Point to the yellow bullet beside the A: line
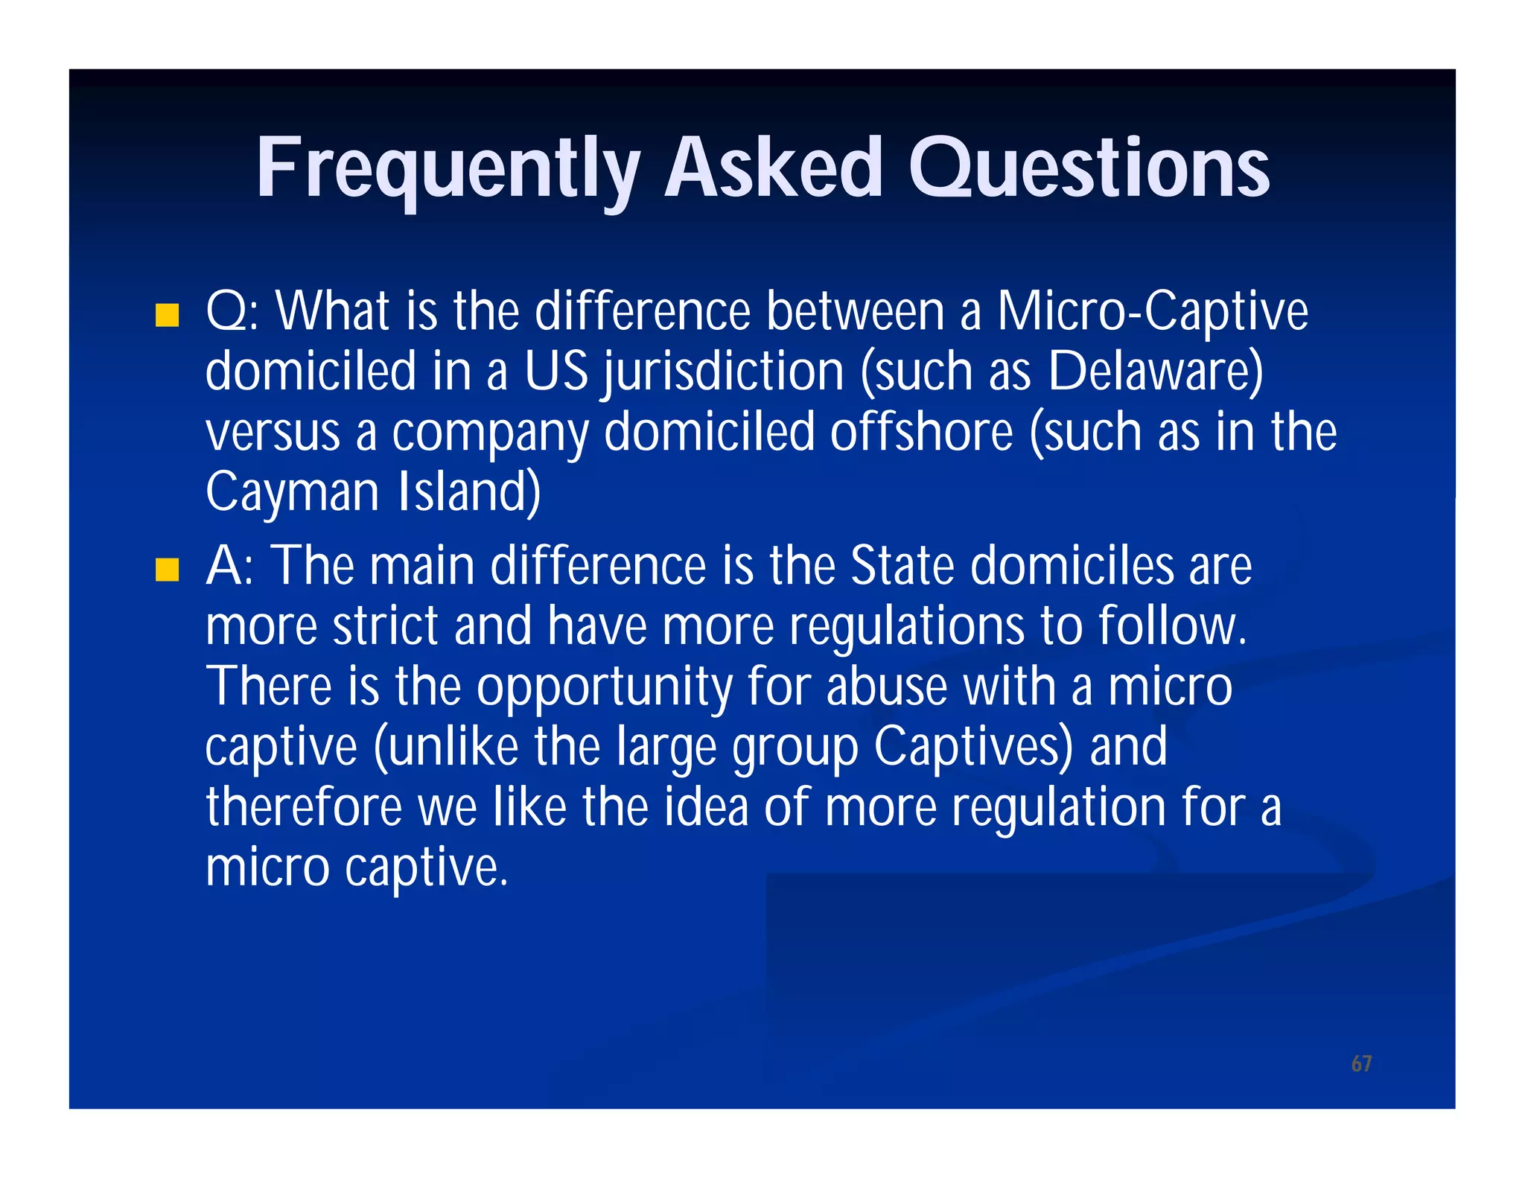click(x=168, y=570)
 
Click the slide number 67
click(x=1361, y=1063)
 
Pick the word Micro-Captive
click(x=1152, y=312)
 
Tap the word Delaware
click(x=1154, y=372)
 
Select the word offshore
click(x=921, y=433)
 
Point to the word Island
click(x=469, y=492)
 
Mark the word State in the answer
click(x=902, y=566)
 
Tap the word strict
click(x=385, y=626)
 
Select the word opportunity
click(x=604, y=688)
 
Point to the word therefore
click(x=304, y=808)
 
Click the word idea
click(x=705, y=808)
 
